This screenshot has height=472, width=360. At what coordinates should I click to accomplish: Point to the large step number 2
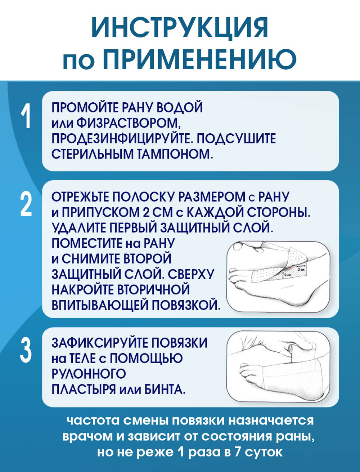[x=26, y=204]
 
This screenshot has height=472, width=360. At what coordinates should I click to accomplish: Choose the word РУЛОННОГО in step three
[x=89, y=374]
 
